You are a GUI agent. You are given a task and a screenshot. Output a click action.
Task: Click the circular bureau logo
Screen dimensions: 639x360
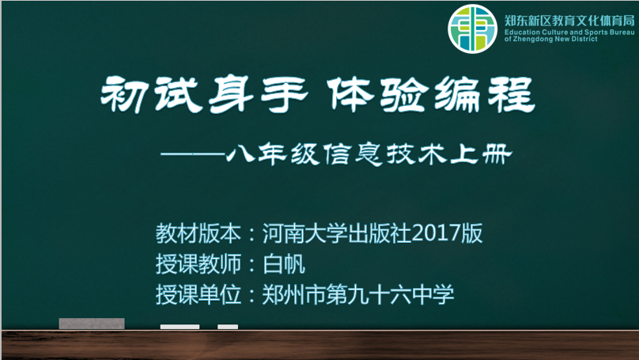tap(472, 29)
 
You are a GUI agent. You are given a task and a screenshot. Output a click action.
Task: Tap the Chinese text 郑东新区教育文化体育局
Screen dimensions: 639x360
tap(569, 21)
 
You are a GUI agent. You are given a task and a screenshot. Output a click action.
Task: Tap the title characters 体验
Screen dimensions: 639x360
tap(378, 94)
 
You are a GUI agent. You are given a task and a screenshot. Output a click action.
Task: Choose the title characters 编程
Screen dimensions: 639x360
tap(485, 94)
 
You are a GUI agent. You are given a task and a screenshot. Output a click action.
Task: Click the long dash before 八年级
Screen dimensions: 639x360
tap(193, 154)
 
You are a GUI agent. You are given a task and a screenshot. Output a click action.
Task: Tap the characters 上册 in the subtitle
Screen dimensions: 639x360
tap(481, 154)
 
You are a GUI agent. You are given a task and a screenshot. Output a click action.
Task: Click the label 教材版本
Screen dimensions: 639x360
tap(198, 233)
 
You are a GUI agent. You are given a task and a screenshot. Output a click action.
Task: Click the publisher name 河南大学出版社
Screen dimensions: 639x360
tap(337, 233)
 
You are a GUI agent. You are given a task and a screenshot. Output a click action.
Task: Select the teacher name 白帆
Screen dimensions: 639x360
tap(284, 264)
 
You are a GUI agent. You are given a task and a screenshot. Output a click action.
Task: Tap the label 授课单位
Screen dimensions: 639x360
tap(198, 295)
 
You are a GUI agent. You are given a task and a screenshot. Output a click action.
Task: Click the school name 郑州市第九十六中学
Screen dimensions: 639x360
tap(357, 295)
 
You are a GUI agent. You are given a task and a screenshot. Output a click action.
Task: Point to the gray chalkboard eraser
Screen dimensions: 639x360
tap(92, 324)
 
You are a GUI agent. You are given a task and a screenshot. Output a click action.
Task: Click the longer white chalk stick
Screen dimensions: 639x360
tap(180, 327)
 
